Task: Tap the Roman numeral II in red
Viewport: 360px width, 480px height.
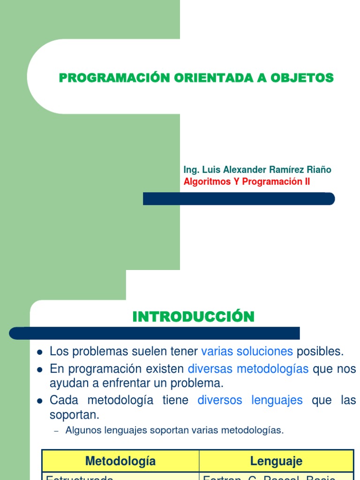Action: coord(306,182)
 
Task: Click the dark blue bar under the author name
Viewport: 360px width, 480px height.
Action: coord(239,199)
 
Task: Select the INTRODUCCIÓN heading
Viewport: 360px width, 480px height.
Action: coord(193,317)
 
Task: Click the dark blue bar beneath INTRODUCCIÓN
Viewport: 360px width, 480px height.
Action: coord(155,333)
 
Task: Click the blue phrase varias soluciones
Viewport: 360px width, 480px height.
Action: coord(247,351)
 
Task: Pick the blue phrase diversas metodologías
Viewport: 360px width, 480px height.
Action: coord(248,369)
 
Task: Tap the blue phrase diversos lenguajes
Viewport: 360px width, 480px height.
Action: coord(250,400)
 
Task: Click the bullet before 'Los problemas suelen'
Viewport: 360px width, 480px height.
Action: coord(40,352)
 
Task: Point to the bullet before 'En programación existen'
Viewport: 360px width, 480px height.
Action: coord(40,369)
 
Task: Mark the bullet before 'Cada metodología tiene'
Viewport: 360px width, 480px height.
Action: coord(40,401)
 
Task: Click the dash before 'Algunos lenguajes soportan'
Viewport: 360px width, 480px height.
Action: coord(57,431)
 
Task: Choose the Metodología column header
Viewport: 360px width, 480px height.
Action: coord(120,461)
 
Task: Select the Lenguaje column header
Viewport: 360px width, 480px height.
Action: coord(276,461)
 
